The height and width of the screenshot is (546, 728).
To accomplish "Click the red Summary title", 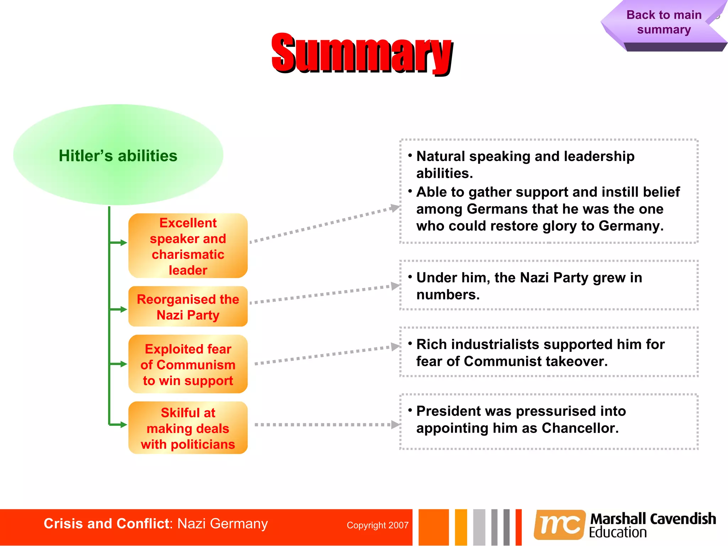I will tap(362, 53).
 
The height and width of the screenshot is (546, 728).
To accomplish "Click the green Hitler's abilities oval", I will tap(118, 155).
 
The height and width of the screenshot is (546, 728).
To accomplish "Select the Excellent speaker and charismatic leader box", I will tap(188, 246).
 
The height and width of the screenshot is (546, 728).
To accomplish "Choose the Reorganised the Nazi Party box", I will tap(188, 307).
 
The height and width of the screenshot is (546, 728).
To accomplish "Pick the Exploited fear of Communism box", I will tap(188, 364).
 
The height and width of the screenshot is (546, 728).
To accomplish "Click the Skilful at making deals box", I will tap(188, 428).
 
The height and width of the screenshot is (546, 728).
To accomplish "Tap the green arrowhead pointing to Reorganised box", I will tap(123, 310).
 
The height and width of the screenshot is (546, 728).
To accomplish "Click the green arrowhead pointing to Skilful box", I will tap(123, 425).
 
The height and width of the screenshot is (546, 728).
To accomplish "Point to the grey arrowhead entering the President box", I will tap(395, 424).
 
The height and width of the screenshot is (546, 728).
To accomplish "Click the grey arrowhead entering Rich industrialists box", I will tap(395, 347).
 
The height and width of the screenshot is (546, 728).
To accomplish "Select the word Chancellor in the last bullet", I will tap(579, 428).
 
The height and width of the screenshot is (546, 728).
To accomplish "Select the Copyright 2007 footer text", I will tap(378, 525).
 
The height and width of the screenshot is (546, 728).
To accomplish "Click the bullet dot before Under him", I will tap(410, 277).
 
